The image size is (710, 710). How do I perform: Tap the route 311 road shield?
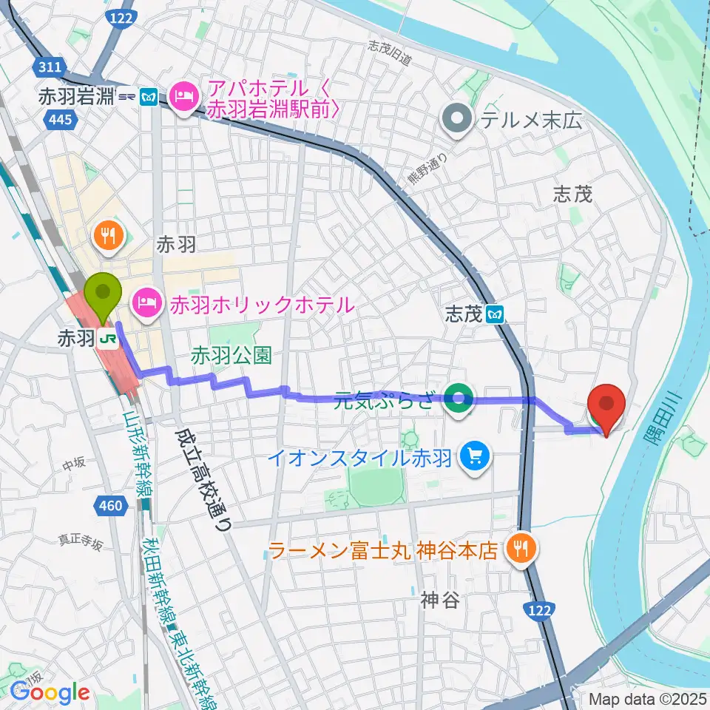50,67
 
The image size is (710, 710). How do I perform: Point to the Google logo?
50,692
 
